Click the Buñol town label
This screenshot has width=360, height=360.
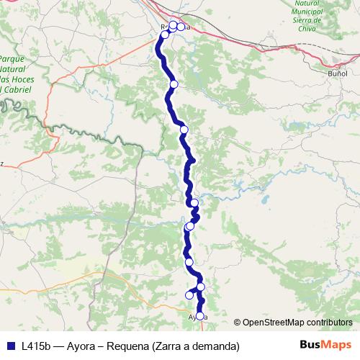tap(337, 73)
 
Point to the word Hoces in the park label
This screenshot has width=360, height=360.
tap(18, 80)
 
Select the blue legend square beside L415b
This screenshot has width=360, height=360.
tap(9, 346)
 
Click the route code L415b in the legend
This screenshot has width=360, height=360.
tap(36, 346)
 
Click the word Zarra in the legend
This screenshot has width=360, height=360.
tap(170, 346)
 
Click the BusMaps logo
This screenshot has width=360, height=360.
tap(325, 346)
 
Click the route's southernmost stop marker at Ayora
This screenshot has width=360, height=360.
tap(200, 315)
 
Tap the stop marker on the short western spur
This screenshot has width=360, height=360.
tap(189, 294)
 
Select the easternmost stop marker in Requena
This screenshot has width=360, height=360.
tap(181, 27)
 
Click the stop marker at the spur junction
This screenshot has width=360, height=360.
tap(201, 287)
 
